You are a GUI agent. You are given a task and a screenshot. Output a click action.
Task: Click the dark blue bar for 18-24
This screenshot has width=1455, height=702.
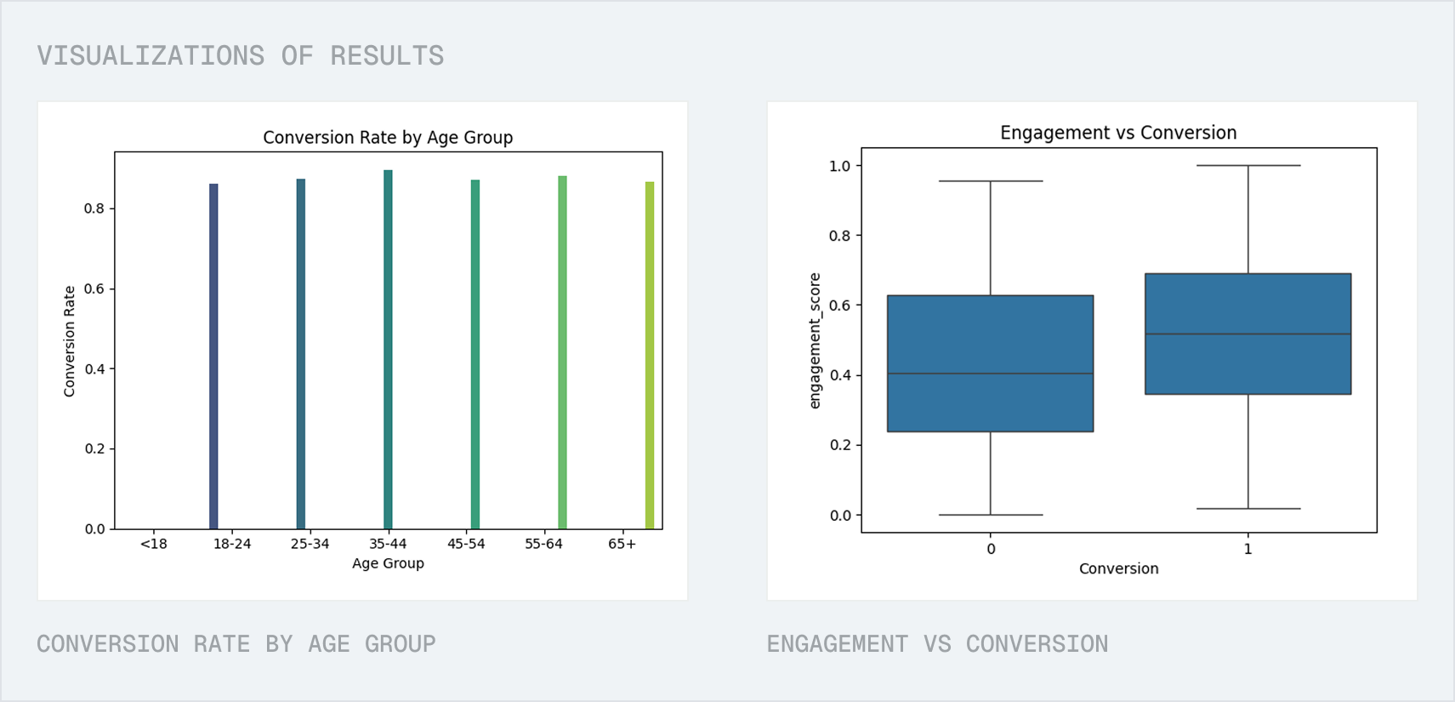pyautogui.click(x=213, y=357)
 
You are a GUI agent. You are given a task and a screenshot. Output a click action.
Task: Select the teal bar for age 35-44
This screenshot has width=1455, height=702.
pyautogui.click(x=388, y=349)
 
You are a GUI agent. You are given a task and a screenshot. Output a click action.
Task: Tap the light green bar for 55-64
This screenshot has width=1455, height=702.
pyautogui.click(x=562, y=353)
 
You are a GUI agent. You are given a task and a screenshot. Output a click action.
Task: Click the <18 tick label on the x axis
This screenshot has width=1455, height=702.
pyautogui.click(x=154, y=544)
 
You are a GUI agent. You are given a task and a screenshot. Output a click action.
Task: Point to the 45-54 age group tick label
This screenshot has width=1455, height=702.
pyautogui.click(x=466, y=544)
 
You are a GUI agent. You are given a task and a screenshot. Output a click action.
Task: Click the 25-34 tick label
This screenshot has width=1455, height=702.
pyautogui.click(x=310, y=544)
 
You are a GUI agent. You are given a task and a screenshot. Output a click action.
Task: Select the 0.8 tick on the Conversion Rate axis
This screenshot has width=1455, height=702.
pyautogui.click(x=94, y=208)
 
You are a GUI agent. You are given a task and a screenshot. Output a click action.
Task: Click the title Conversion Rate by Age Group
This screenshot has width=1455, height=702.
pyautogui.click(x=388, y=138)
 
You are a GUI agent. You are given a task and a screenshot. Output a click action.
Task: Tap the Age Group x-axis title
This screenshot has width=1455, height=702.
pyautogui.click(x=388, y=563)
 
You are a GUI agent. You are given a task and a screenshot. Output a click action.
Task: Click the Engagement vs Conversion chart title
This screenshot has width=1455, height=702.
pyautogui.click(x=1118, y=133)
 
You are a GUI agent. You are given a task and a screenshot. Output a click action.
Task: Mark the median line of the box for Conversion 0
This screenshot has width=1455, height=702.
pyautogui.click(x=990, y=374)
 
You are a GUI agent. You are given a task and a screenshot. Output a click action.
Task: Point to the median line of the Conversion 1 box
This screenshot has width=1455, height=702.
pyautogui.click(x=1248, y=334)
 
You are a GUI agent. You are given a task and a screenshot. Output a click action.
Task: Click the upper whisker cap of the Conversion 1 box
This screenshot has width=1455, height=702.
pyautogui.click(x=1248, y=166)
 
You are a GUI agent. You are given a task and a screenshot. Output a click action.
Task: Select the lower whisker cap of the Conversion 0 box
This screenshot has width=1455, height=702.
pyautogui.click(x=990, y=515)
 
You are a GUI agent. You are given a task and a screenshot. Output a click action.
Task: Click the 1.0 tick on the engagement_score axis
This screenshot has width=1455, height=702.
pyautogui.click(x=839, y=166)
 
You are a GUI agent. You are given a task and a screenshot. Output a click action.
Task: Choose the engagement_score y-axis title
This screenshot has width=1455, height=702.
pyautogui.click(x=815, y=340)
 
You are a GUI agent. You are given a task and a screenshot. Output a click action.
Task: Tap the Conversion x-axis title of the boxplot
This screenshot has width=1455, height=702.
pyautogui.click(x=1118, y=568)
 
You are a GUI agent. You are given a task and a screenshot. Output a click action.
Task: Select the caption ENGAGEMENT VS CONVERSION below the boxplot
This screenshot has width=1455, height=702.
pyautogui.click(x=937, y=644)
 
